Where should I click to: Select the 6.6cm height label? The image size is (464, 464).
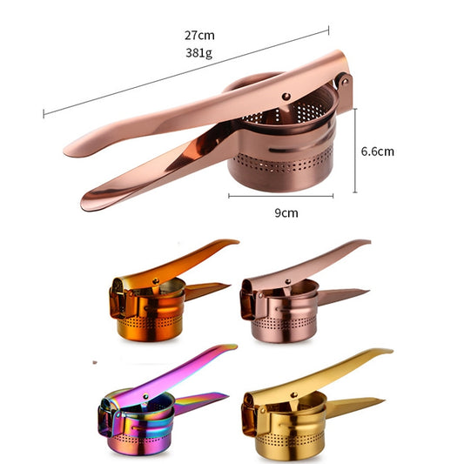pos(377,151)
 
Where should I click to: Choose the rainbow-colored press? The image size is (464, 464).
pos(157,400)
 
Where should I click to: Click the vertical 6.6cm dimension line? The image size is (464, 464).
pos(354,151)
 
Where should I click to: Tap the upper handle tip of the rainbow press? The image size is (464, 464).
pos(230,347)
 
